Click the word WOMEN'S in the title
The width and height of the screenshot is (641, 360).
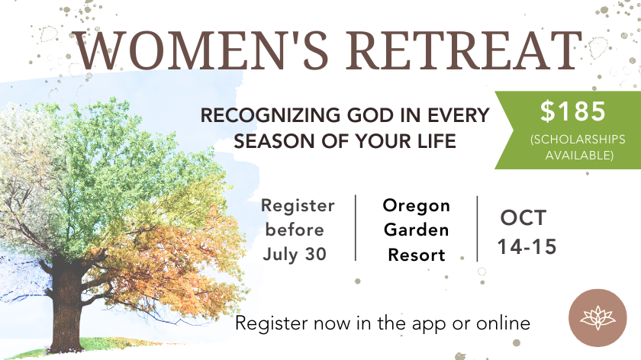coord(200,50)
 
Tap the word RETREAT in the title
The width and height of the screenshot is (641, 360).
coord(464,50)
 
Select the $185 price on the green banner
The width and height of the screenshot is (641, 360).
coord(573,111)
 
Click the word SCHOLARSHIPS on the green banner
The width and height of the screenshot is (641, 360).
coord(578,140)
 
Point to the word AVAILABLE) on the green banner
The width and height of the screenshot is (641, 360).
coord(579,156)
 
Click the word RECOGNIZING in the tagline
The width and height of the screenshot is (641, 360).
coord(270,115)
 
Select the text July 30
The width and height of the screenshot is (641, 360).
coord(295,254)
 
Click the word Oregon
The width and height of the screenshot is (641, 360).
coord(416,205)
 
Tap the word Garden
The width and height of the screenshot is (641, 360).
coord(416,230)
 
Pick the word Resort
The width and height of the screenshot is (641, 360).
coord(416,255)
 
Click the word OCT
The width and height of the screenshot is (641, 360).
coord(523,218)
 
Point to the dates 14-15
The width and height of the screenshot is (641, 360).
coord(527,247)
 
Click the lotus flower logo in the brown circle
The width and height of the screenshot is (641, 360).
coord(598,318)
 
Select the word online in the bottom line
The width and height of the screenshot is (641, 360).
coord(503,323)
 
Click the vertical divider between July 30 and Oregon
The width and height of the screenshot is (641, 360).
coord(356,227)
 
